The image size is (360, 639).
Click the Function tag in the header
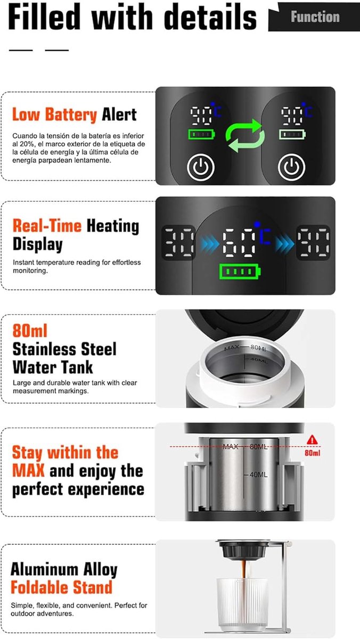click(314, 17)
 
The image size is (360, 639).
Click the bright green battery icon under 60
click(240, 271)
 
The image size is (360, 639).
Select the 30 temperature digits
click(178, 242)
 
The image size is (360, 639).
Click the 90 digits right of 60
click(314, 242)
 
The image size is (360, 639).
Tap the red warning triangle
click(313, 440)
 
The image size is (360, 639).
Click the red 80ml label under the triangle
click(313, 453)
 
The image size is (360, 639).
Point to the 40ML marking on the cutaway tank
click(258, 474)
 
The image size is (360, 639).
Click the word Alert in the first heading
click(119, 114)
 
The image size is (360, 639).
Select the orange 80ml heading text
click(30, 331)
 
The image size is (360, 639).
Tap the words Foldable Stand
click(61, 587)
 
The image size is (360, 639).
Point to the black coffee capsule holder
click(243, 550)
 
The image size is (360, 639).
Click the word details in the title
click(211, 17)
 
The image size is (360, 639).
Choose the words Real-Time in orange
click(47, 226)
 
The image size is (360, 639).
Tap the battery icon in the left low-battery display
click(202, 134)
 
